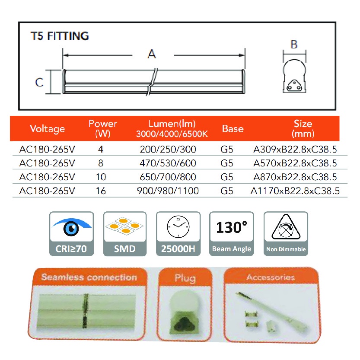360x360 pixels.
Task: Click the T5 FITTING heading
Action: tap(60, 35)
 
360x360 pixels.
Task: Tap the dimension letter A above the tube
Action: tap(152, 54)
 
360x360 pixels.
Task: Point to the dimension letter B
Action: tap(294, 44)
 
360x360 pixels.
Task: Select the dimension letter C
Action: tap(39, 82)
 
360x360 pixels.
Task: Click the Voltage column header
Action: tap(48, 128)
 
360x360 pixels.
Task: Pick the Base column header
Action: tap(233, 128)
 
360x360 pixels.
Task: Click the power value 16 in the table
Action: tap(101, 191)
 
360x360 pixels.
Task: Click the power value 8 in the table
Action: tap(101, 164)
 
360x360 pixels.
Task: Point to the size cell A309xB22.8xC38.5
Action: tap(295, 150)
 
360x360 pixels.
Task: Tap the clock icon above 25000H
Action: tap(178, 226)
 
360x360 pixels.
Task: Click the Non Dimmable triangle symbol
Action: tap(286, 227)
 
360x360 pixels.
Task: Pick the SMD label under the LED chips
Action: tap(124, 248)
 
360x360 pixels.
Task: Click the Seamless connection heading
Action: tap(89, 277)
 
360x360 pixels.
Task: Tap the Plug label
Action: tap(185, 278)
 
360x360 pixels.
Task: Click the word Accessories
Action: tap(271, 277)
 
